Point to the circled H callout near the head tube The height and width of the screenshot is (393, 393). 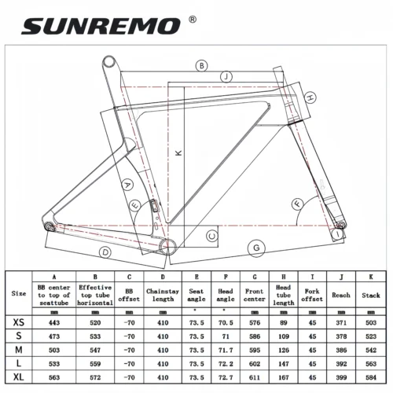pos(311,97)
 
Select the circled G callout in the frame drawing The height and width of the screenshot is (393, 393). pos(255,248)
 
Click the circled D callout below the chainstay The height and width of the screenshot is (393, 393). pos(105,252)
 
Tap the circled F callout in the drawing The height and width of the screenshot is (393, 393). pos(297,204)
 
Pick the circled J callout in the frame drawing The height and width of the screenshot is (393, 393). pos(226,76)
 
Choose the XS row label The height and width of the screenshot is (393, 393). pos(18,321)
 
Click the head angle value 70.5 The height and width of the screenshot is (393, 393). pos(225,321)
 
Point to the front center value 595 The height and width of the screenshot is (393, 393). pos(255,348)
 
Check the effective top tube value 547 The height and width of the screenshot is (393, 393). pos(94,348)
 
